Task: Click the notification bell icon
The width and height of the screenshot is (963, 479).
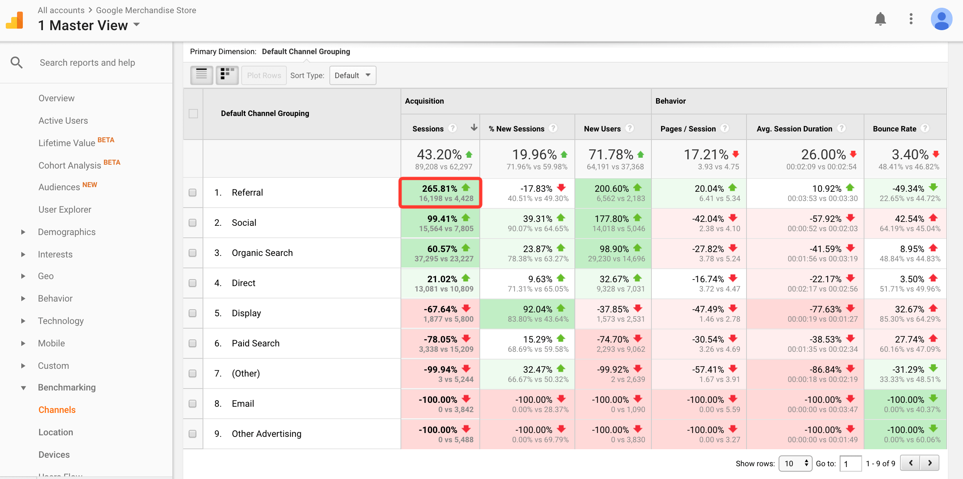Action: pos(880,19)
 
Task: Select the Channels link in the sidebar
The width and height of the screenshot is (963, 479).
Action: pos(57,410)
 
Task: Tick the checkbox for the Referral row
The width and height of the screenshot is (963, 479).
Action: pos(193,193)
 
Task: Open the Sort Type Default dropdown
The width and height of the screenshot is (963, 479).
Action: pos(353,75)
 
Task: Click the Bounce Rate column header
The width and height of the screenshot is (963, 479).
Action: pos(895,129)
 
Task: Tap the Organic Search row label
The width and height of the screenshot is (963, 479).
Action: pos(262,253)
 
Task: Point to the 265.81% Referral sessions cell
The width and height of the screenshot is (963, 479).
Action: pos(440,193)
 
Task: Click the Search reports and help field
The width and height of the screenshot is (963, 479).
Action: pos(87,63)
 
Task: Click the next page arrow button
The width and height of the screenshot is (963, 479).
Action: pos(930,463)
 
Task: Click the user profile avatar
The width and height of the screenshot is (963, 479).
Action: pos(941,19)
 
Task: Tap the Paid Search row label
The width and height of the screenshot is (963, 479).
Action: pos(256,343)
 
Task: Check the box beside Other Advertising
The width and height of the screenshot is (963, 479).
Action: pos(193,434)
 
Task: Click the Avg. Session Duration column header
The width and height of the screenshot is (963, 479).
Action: pos(794,129)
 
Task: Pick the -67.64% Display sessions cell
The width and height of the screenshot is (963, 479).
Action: pos(440,314)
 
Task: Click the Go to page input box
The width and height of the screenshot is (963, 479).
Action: pos(851,464)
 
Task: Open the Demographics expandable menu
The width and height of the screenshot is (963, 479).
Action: pos(66,232)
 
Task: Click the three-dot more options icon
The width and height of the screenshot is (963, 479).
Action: pos(911,19)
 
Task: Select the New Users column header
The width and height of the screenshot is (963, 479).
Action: pos(602,129)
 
